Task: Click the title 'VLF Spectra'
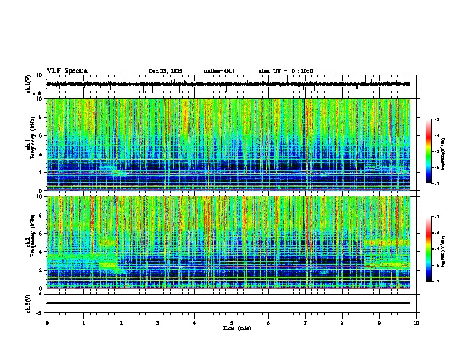pyautogui.click(x=67, y=71)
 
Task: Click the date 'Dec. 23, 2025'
pyautogui.click(x=165, y=71)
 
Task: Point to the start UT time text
pyautogui.click(x=286, y=71)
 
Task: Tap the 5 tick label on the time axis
pyautogui.click(x=232, y=323)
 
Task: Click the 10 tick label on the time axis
pyautogui.click(x=416, y=323)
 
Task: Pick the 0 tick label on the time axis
pyautogui.click(x=47, y=323)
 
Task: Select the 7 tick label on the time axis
pyautogui.click(x=306, y=323)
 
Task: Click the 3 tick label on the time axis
pyautogui.click(x=158, y=323)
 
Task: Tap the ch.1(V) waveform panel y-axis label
pyautogui.click(x=28, y=84)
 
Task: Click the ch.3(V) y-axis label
pyautogui.click(x=28, y=303)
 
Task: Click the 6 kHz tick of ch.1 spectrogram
pyautogui.click(x=41, y=135)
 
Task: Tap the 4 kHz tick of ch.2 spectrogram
pyautogui.click(x=41, y=251)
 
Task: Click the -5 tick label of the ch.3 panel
pyautogui.click(x=40, y=312)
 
